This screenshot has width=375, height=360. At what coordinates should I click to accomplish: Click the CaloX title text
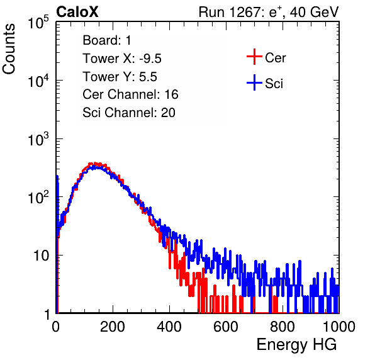(77, 12)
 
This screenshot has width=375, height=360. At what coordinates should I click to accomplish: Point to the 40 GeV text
(314, 12)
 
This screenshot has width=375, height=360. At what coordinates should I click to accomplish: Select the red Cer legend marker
(254, 57)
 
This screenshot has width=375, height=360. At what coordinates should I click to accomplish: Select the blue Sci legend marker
(254, 83)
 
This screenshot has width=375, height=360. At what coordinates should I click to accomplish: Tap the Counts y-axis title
(9, 49)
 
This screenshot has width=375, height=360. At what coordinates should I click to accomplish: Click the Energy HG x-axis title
(296, 345)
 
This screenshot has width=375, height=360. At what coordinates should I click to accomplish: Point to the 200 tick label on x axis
(113, 327)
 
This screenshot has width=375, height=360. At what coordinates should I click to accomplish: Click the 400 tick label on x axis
(169, 327)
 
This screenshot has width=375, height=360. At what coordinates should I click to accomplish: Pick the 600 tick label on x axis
(226, 327)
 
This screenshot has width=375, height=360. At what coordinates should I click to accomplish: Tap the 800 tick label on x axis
(283, 327)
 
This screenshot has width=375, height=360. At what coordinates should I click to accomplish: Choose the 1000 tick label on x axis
(339, 327)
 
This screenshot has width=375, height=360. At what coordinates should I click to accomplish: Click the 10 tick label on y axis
(42, 256)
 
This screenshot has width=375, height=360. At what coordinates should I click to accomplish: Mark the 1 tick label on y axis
(47, 314)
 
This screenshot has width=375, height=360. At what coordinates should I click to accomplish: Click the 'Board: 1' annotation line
(107, 40)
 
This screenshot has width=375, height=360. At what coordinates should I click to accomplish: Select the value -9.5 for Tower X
(150, 59)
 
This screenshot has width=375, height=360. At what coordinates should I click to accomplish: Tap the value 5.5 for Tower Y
(148, 77)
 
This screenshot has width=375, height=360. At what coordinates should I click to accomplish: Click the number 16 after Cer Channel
(171, 94)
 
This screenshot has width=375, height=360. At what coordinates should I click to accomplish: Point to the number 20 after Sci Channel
(168, 113)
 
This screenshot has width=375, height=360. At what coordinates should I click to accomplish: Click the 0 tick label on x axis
(56, 327)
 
